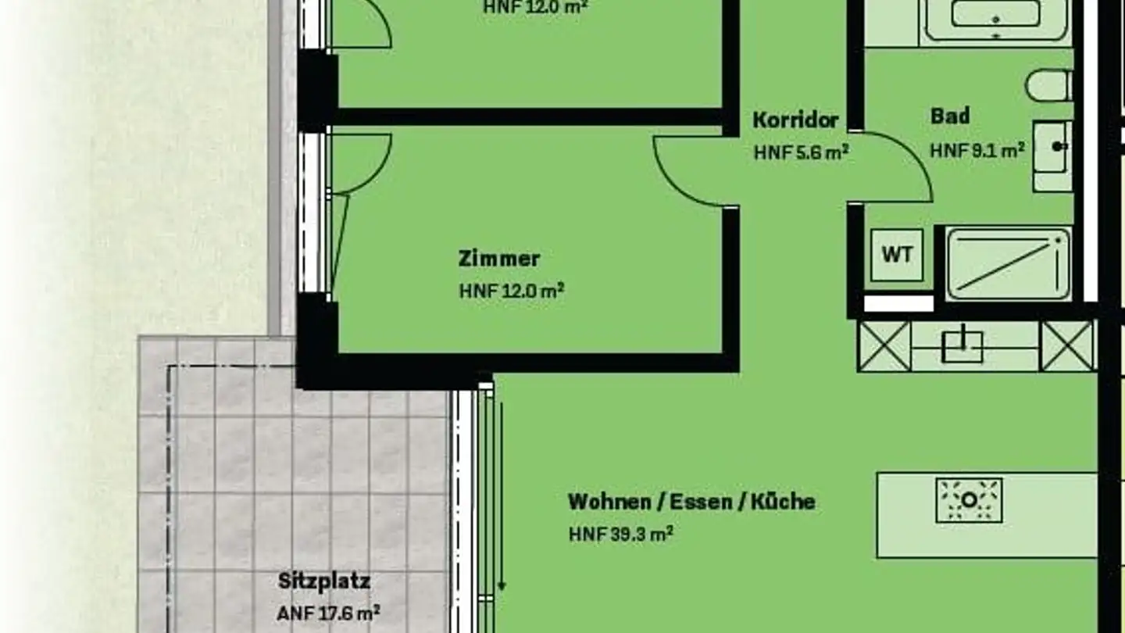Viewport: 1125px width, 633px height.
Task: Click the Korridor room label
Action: tap(795, 120)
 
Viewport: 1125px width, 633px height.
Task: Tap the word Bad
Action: tap(950, 116)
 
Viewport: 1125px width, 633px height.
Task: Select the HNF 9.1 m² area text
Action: tap(977, 150)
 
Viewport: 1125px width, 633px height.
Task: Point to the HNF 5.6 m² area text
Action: tap(801, 152)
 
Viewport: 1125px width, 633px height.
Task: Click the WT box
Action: tap(897, 255)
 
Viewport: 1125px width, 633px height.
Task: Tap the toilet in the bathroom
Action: tap(1049, 86)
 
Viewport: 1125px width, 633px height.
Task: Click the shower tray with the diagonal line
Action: tap(1008, 263)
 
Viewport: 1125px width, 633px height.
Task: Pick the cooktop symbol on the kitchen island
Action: tap(969, 500)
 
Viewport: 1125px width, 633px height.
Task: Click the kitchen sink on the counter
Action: tap(962, 345)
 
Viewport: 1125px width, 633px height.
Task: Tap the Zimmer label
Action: tap(499, 258)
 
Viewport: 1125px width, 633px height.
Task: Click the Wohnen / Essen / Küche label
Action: tap(691, 501)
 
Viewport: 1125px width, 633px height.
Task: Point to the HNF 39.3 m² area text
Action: tap(621, 535)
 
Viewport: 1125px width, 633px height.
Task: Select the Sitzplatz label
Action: tap(324, 581)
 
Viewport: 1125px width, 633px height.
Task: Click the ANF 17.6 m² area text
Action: tap(329, 613)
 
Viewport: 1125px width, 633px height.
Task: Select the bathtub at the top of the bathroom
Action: tap(995, 17)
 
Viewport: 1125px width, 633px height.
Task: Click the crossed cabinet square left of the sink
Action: tap(885, 345)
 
